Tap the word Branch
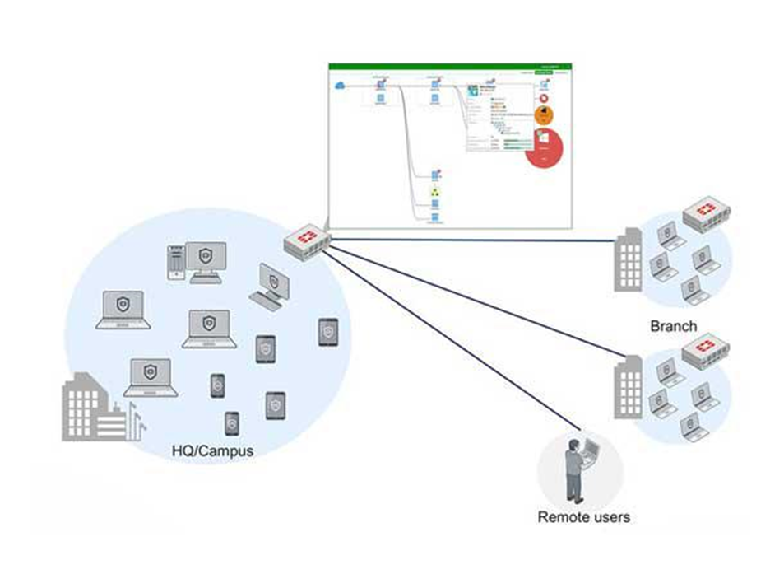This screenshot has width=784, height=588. [673, 326]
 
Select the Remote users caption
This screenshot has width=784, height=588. [583, 517]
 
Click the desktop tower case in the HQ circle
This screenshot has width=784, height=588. [175, 262]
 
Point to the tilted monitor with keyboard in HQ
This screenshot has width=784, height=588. [272, 285]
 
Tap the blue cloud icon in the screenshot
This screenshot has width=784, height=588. [339, 84]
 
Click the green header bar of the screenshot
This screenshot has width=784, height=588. [450, 66]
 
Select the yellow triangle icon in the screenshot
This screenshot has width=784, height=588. [435, 194]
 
